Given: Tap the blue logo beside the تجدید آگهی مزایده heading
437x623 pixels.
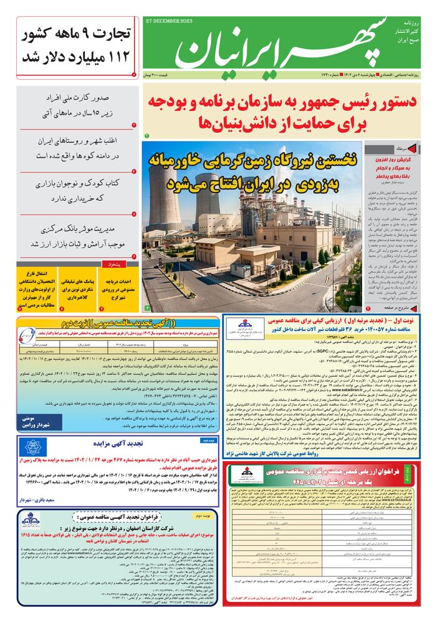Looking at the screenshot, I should (32, 447).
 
